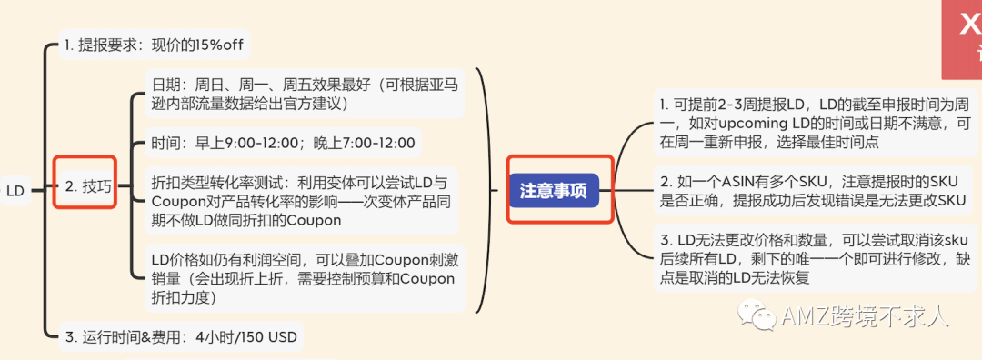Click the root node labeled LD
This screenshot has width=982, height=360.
[15, 191]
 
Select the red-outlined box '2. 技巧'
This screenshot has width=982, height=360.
[85, 186]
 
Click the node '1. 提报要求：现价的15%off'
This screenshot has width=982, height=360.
[153, 44]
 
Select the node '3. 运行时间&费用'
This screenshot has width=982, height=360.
[180, 337]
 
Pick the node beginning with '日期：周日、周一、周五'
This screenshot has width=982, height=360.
[304, 94]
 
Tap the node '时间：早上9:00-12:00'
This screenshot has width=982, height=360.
[283, 143]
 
